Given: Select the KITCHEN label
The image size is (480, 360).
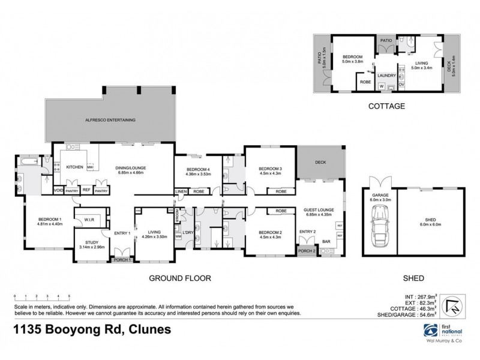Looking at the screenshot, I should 74,167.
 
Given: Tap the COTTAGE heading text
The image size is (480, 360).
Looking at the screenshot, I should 386,105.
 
